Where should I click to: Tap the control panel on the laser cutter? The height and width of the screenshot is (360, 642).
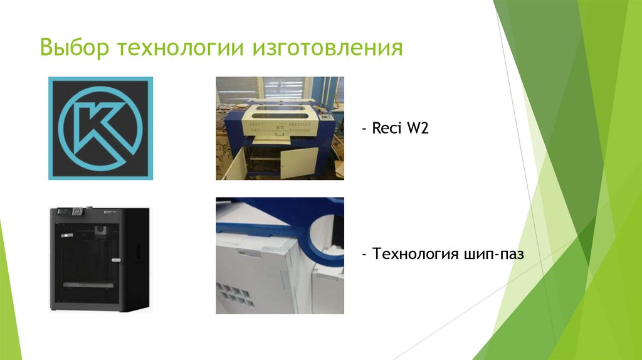coord(324,117)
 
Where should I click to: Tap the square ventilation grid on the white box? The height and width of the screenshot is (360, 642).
coord(238,295)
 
